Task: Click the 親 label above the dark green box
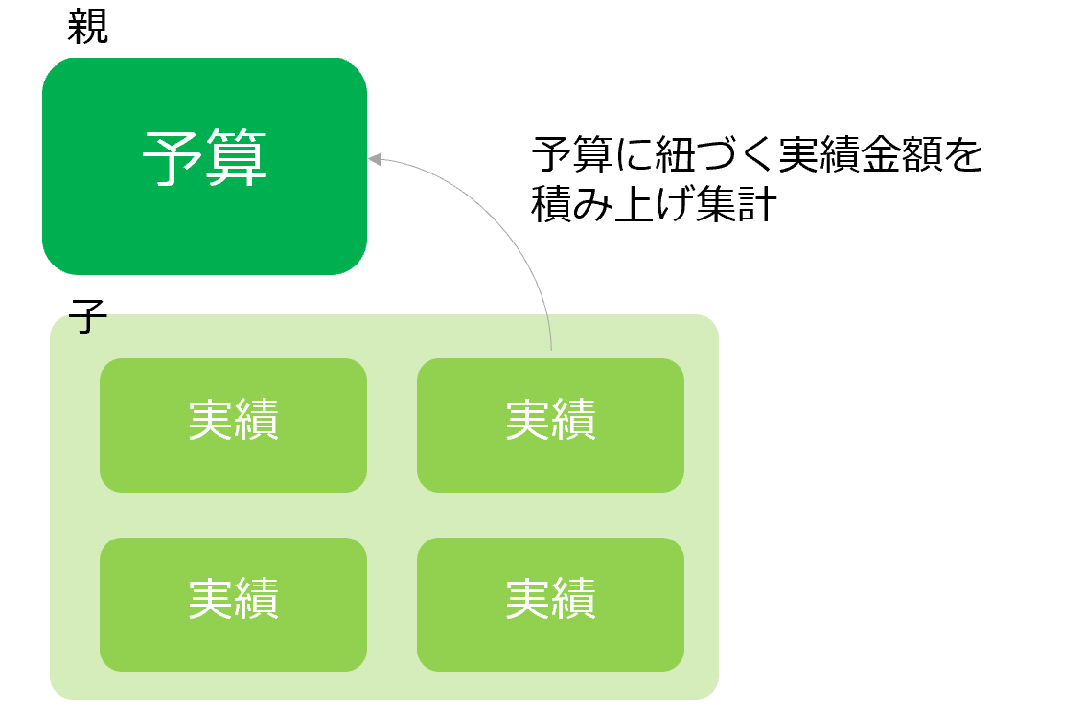88,27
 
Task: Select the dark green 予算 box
204,220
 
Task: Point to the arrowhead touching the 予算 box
375,159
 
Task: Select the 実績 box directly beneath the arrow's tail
550,425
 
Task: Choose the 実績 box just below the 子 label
233,425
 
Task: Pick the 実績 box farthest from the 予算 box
550,604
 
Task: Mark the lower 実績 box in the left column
233,604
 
